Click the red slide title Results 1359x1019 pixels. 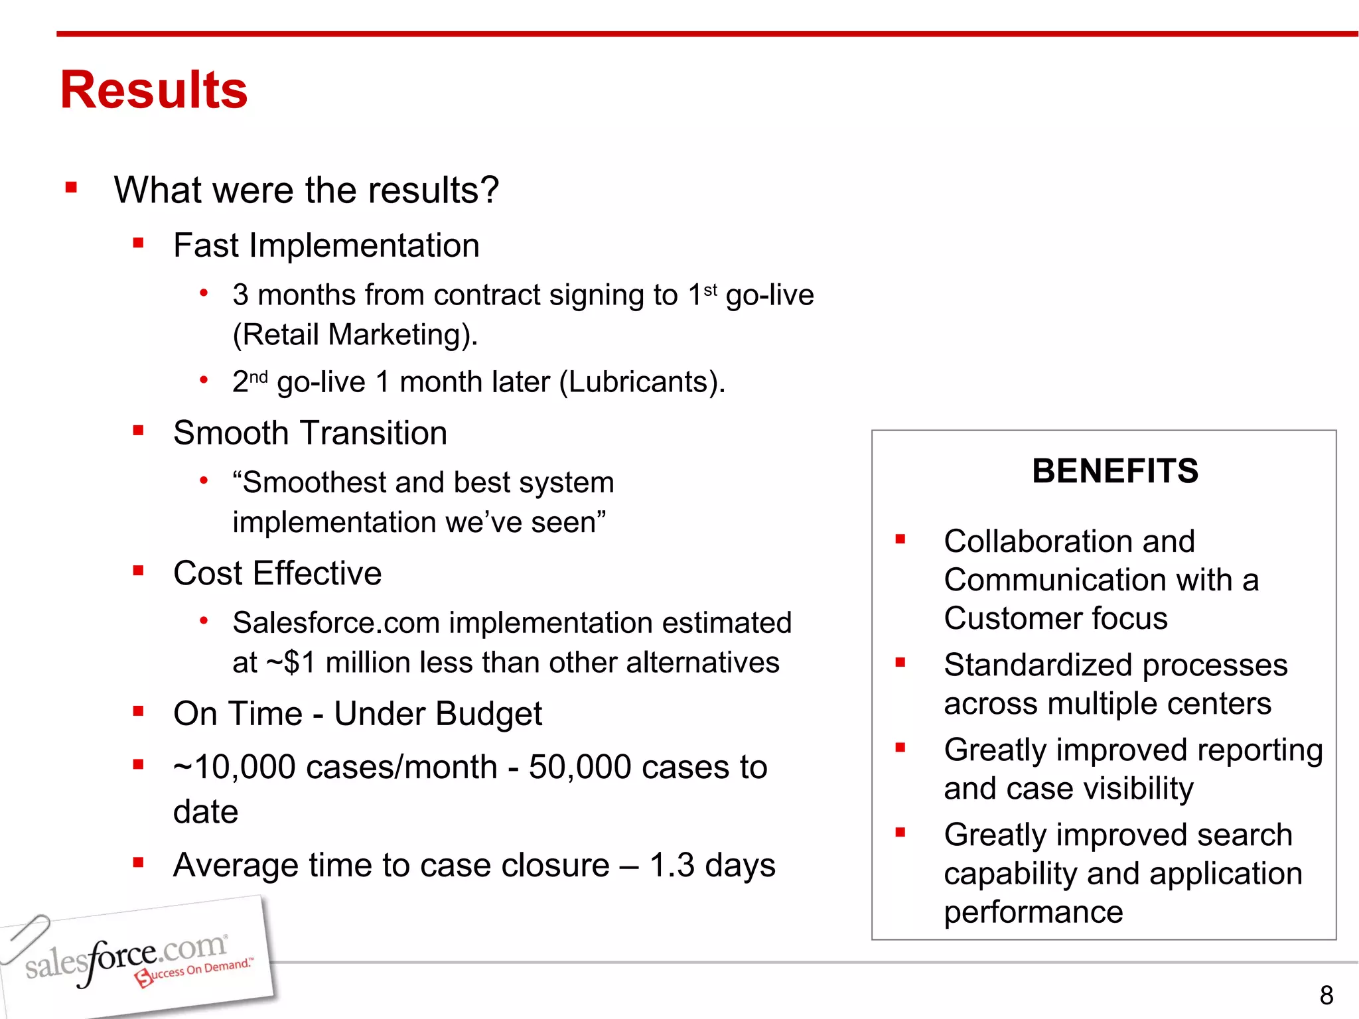pos(154,90)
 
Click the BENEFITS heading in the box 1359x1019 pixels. pos(1115,471)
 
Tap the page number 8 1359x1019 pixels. pos(1326,995)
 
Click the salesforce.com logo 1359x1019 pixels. pos(133,958)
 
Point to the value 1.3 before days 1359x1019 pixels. pos(672,865)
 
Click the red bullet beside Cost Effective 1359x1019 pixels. pos(138,571)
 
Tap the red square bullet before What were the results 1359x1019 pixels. pos(71,188)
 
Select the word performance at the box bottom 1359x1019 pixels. pos(1033,912)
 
